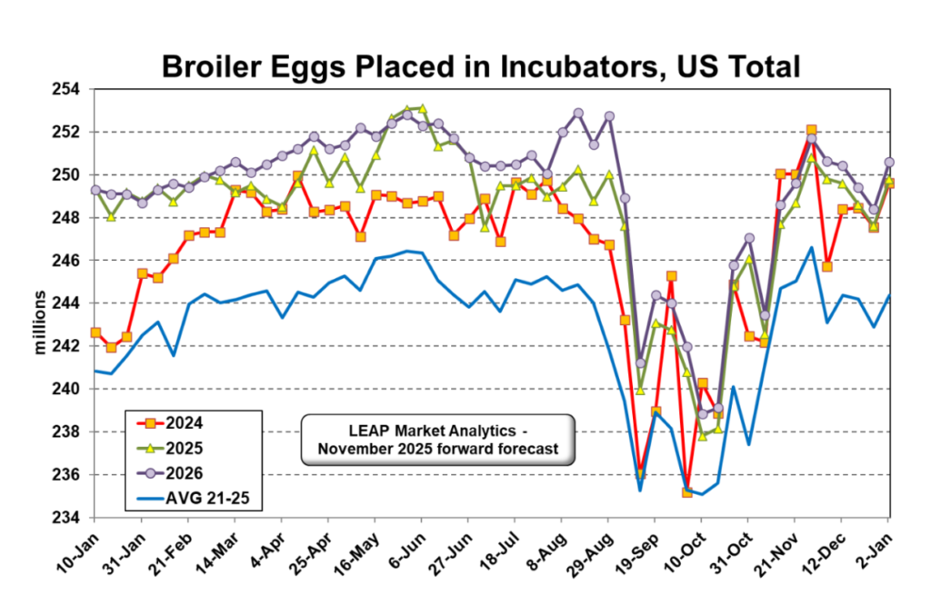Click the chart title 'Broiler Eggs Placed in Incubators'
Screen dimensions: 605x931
coord(480,65)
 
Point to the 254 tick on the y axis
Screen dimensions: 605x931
coord(68,89)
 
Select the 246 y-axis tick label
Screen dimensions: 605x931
coord(68,261)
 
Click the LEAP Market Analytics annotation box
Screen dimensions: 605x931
coord(437,441)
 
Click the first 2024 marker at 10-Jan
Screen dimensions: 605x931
coord(95,332)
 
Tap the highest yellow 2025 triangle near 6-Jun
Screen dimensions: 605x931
coord(422,108)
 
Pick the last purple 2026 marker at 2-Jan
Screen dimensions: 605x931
coord(889,162)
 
